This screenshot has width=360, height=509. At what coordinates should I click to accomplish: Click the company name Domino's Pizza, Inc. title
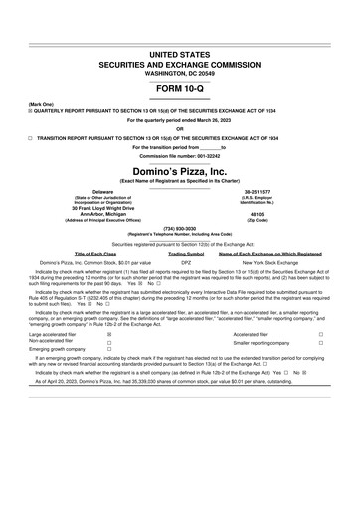point(180,171)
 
